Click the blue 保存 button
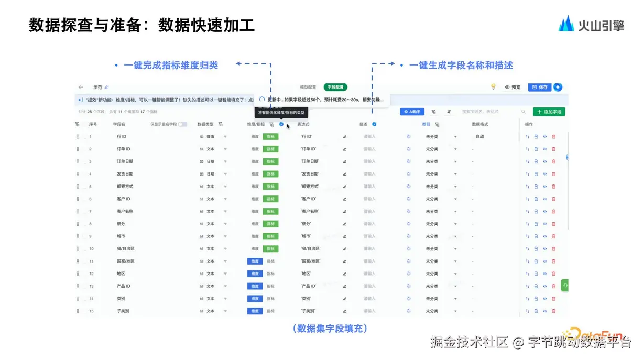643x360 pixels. click(539, 87)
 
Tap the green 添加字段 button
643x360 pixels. click(549, 112)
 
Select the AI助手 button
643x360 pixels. click(412, 112)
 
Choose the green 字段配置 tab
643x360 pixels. click(335, 87)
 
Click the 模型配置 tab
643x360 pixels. click(308, 87)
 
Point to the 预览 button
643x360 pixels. click(513, 87)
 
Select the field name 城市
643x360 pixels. click(121, 236)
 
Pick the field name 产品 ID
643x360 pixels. click(124, 286)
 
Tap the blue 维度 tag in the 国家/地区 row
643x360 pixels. click(255, 261)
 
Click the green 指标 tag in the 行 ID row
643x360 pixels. click(270, 137)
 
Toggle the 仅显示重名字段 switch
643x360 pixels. click(182, 124)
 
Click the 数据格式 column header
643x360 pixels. click(480, 124)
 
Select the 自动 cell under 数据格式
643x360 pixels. click(480, 137)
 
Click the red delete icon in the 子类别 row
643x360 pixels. click(554, 311)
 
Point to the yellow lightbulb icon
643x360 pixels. click(493, 87)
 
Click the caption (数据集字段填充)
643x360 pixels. click(330, 329)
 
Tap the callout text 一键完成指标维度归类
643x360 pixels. click(171, 66)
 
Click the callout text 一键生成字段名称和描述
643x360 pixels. click(461, 66)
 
